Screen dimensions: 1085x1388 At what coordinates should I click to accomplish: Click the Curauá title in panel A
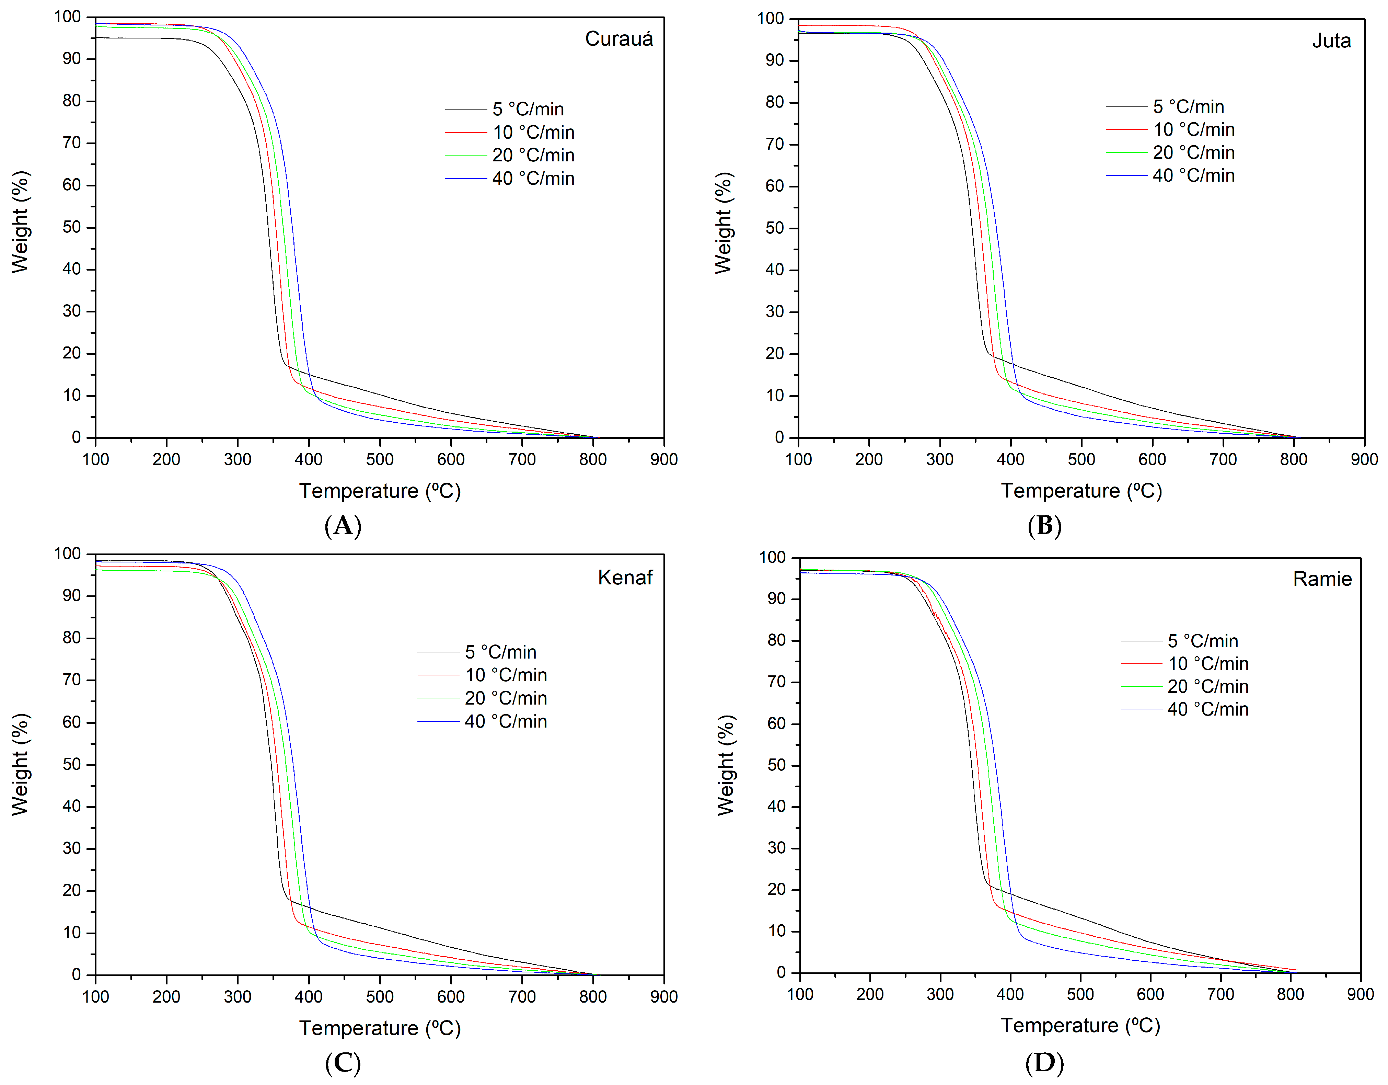tap(618, 39)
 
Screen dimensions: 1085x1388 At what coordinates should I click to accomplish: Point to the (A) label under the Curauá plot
tap(343, 526)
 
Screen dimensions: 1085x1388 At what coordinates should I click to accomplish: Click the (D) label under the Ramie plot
tap(1044, 1063)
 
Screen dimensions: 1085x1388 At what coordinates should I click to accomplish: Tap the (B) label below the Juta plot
tap(1044, 526)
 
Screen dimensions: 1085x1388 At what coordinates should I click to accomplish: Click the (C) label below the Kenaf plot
tap(343, 1063)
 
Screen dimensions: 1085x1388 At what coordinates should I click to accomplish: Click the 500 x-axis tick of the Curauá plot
tap(379, 459)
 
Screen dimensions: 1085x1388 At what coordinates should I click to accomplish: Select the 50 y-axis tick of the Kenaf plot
tap(71, 764)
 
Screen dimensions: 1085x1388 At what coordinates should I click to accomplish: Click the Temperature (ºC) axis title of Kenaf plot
tap(379, 1028)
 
